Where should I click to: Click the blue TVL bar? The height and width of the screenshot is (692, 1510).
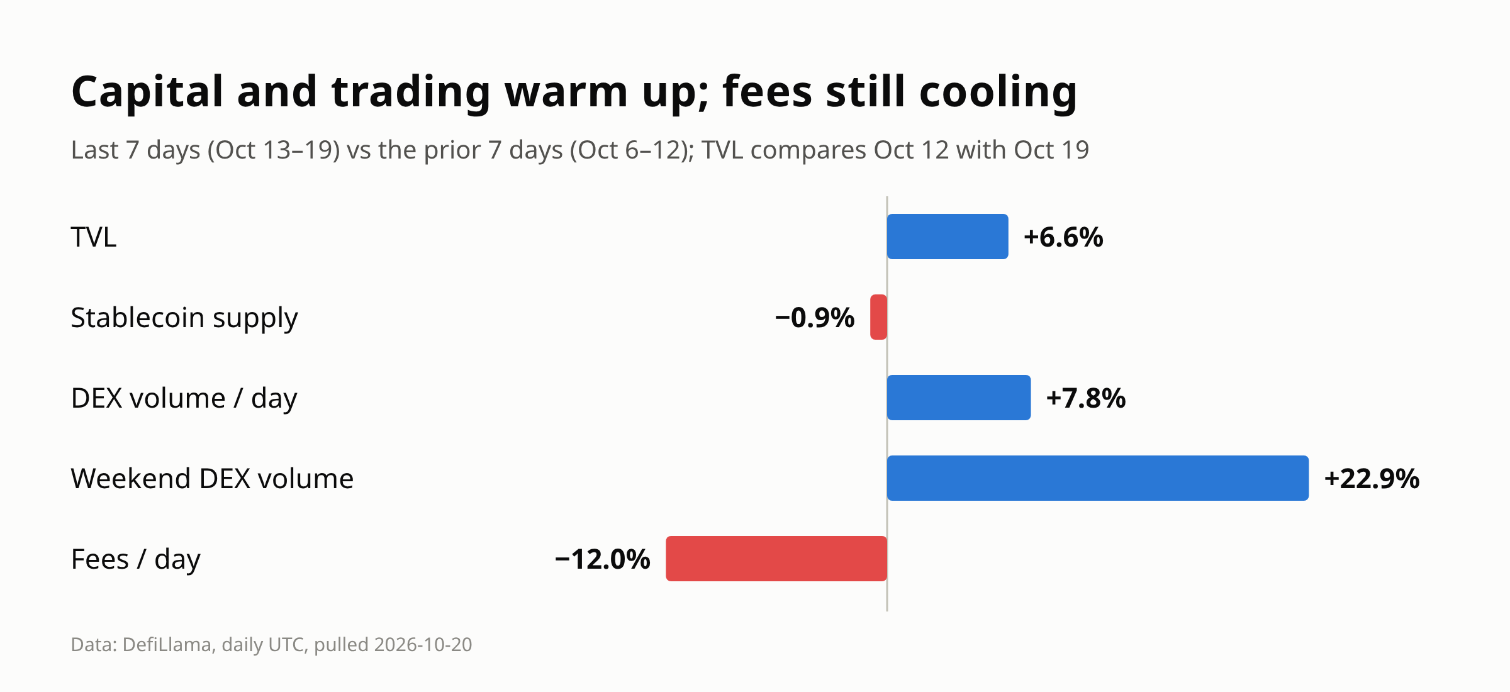948,237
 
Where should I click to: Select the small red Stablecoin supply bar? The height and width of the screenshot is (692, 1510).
878,317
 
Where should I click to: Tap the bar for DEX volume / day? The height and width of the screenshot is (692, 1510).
959,398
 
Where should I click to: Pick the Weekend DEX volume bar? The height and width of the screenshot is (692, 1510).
1098,478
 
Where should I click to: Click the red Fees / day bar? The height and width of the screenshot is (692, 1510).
776,559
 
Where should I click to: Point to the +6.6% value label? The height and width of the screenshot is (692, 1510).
1063,237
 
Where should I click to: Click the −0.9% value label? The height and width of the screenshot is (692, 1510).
815,318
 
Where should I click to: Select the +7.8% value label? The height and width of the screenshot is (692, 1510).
1086,398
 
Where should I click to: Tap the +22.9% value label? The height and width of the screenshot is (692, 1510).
1372,479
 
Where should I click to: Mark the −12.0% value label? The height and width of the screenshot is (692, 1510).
603,559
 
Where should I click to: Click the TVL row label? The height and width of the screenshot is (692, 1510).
94,237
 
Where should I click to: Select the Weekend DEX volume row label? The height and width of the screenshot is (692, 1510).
213,479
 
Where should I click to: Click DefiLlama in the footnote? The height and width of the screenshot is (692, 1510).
167,644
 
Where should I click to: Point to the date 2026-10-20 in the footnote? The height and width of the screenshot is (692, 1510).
423,645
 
